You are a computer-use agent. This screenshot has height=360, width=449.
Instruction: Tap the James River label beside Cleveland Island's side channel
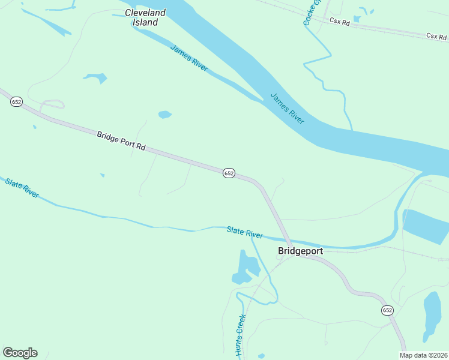pyautogui.click(x=188, y=58)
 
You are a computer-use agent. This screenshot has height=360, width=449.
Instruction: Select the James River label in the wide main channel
pyautogui.click(x=287, y=108)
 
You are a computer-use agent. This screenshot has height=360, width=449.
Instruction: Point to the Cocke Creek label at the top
pyautogui.click(x=312, y=12)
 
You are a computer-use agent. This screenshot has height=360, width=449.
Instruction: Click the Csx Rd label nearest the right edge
pyautogui.click(x=437, y=36)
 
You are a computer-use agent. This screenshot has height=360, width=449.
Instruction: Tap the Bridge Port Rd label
pyautogui.click(x=121, y=142)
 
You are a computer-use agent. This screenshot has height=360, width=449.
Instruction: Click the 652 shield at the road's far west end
pyautogui.click(x=16, y=102)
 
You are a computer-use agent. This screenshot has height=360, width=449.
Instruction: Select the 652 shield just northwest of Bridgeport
pyautogui.click(x=229, y=173)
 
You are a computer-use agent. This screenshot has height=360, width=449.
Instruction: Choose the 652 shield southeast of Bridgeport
pyautogui.click(x=387, y=310)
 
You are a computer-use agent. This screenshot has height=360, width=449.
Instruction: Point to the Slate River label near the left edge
pyautogui.click(x=22, y=187)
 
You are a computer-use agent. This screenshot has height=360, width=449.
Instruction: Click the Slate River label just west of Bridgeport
pyautogui.click(x=245, y=232)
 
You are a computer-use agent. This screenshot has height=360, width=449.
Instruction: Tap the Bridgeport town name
pyautogui.click(x=300, y=251)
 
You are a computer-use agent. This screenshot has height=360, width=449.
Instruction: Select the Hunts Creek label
pyautogui.click(x=241, y=335)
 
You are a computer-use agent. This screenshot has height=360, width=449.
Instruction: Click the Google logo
pyautogui.click(x=20, y=353)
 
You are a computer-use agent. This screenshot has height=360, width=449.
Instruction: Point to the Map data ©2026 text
pyautogui.click(x=424, y=355)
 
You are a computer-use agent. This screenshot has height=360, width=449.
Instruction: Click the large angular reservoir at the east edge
pyautogui.click(x=426, y=226)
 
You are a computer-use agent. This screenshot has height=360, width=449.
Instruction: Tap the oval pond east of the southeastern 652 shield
pyautogui.click(x=432, y=315)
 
